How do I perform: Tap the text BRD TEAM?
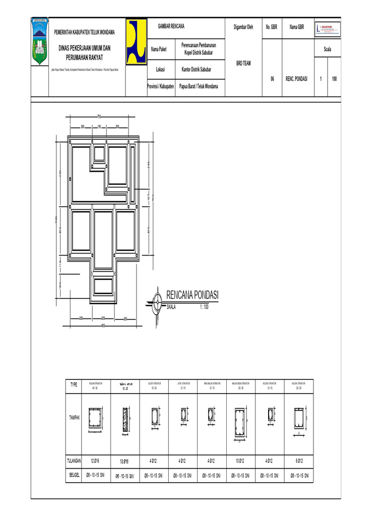pos(243,63)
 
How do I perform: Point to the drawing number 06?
pos(272,79)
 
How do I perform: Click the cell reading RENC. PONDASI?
pos(296,79)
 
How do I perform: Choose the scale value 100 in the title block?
pos(334,79)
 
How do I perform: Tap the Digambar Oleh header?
pos(243,27)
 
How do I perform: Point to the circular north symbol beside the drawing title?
pos(157,303)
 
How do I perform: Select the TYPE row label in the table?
pos(74,384)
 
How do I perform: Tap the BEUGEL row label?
pos(75,475)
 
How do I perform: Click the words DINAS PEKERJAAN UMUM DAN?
pos(85,48)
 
